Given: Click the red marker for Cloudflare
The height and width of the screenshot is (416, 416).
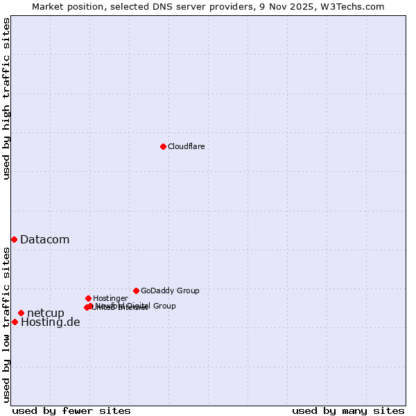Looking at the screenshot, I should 163,146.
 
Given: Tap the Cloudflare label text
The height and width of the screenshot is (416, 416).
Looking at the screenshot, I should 186,146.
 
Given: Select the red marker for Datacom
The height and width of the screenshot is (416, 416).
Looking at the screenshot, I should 14,239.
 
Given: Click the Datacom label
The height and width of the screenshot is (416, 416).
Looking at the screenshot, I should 44,240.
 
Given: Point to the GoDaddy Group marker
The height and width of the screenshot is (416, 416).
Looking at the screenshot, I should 136,291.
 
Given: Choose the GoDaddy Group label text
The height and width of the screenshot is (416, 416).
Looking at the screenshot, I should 170,291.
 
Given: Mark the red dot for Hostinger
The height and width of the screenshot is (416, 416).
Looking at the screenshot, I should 88,298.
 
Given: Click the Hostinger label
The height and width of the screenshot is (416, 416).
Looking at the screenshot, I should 110,298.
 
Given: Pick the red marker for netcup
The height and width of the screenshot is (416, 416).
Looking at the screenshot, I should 21,313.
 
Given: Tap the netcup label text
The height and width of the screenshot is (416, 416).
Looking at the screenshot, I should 46,313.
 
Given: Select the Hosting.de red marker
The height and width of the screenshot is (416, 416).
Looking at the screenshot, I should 15,322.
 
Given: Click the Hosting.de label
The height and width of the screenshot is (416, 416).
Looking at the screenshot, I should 50,322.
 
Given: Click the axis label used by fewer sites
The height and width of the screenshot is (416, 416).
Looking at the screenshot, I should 71,410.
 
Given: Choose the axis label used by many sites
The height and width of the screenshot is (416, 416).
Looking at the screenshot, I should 348,410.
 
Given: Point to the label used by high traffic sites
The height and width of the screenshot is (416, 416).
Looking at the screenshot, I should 6,98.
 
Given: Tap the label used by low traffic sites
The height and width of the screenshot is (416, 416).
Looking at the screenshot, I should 6,324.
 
